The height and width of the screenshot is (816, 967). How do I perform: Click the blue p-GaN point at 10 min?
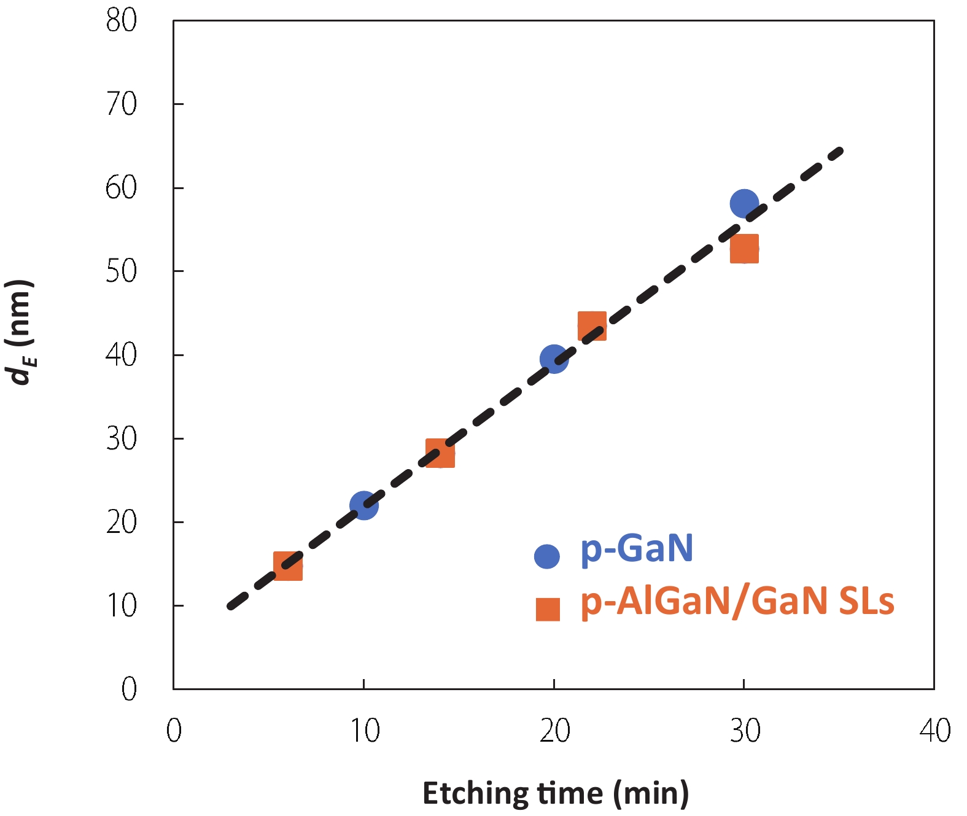(x=363, y=505)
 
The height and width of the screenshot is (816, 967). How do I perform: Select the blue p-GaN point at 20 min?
(x=554, y=359)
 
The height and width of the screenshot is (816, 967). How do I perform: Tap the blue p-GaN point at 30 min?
(x=744, y=203)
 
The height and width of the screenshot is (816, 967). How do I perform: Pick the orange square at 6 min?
(x=287, y=565)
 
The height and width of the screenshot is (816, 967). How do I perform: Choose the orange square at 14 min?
(x=440, y=453)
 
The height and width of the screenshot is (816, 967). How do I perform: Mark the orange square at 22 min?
(x=592, y=325)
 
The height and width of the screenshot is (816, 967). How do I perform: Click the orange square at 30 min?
(x=744, y=249)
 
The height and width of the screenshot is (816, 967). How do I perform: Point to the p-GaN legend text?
(x=637, y=548)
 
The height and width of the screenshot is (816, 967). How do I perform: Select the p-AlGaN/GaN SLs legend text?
(x=737, y=601)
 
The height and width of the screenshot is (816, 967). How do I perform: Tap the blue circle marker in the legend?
(x=546, y=556)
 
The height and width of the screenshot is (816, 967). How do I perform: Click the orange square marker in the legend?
(x=548, y=609)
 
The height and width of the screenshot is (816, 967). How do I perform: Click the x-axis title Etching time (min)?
(x=555, y=793)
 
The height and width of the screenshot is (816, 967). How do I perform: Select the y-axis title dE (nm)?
(x=20, y=332)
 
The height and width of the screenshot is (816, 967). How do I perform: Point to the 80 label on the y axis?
(x=121, y=21)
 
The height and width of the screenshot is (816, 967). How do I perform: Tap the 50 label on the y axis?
(x=121, y=271)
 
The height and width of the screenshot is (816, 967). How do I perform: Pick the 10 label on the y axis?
(x=121, y=606)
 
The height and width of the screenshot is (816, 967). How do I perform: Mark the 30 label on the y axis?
(x=121, y=439)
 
